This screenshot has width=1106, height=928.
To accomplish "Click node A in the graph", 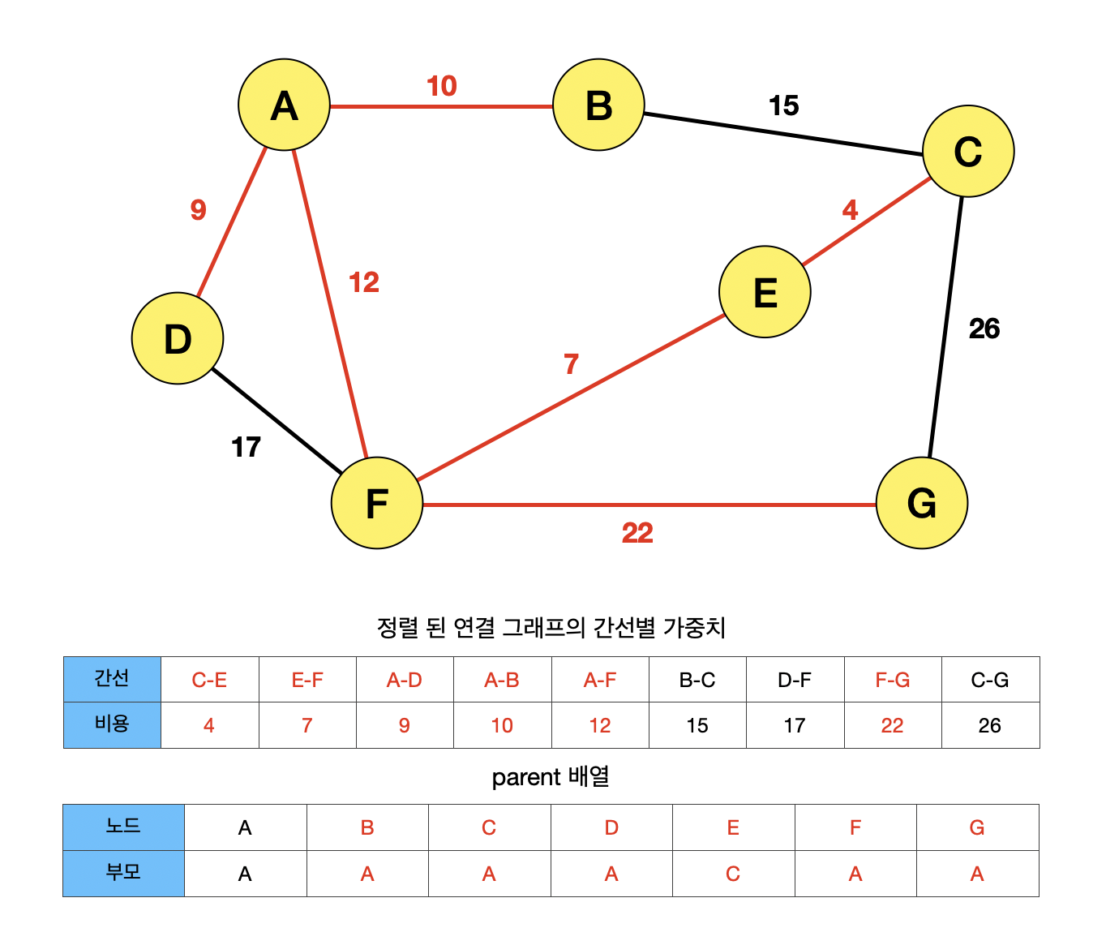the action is pos(284,105).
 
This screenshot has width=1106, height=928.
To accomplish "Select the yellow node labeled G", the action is pos(922,503).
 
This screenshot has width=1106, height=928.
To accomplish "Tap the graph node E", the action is pos(765,292).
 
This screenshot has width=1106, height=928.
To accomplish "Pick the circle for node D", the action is pos(178,338).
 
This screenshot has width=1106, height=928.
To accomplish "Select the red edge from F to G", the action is pos(649,505).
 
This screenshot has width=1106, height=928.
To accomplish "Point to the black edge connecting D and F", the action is pos(276,420).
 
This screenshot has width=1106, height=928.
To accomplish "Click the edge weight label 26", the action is pos(984,329).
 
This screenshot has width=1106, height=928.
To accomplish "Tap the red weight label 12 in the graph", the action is pos(364,282).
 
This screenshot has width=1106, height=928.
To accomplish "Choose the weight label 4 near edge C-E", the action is pos(850,210).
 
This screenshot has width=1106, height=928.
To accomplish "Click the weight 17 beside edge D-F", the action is pos(246,447).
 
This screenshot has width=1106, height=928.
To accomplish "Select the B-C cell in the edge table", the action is pos(697,680).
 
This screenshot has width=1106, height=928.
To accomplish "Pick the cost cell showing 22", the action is pos(892,725).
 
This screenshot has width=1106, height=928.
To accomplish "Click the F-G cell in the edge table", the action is pos(892,680).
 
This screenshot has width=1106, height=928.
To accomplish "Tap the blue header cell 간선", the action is pos(112,679).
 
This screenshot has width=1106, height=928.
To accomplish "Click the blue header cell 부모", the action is pos(123,873).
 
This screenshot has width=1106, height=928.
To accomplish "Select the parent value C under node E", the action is pos(733,874).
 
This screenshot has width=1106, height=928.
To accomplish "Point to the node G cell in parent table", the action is pos(977,827).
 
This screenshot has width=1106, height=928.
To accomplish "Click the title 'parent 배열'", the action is pos(551,777).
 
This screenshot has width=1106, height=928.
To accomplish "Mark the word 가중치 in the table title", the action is pos(694,627).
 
